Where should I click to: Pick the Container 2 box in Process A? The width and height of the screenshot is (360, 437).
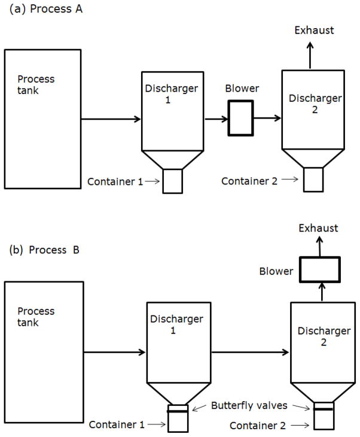313,180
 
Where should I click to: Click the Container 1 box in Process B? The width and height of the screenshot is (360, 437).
177,422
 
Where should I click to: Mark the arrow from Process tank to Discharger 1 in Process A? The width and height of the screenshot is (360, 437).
110,119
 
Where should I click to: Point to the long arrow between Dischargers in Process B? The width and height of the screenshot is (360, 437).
251,352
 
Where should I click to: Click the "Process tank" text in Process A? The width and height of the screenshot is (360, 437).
36,84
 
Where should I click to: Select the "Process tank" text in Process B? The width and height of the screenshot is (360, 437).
36,317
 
